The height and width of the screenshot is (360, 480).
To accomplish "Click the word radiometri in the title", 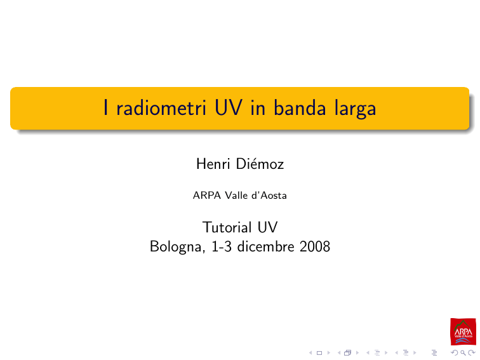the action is [161, 108].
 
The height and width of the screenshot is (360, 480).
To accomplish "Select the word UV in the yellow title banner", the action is [229, 108].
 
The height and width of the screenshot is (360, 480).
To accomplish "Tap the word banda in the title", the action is [300, 108].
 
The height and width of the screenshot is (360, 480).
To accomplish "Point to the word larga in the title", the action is [355, 110].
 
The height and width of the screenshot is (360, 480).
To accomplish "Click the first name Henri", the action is [213, 164].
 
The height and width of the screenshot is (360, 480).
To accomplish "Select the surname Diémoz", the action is [260, 164].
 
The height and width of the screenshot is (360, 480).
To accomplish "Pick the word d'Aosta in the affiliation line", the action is [269, 196].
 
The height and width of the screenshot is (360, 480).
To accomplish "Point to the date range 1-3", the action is [222, 246].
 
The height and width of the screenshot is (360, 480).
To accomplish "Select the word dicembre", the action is [265, 246].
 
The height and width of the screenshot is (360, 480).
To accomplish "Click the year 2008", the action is [315, 246].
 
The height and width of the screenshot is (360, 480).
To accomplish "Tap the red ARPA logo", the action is [463, 331].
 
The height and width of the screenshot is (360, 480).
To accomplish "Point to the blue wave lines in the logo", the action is [463, 340].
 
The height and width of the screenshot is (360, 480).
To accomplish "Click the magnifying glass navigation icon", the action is [463, 353].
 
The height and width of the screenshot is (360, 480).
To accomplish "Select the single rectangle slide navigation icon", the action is [319, 353].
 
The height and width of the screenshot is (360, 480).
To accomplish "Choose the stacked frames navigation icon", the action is [347, 353].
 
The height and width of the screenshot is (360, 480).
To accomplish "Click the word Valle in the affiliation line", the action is [236, 196].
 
